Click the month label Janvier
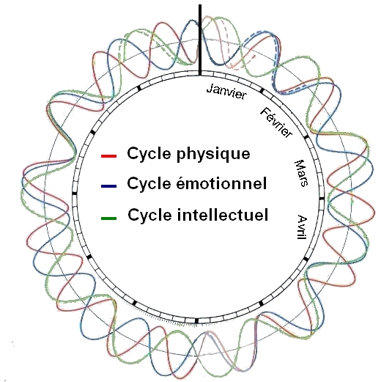[x=226, y=92]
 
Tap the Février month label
[x=276, y=122]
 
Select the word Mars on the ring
[x=301, y=173]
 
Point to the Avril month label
[x=303, y=227]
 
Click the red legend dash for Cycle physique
[x=108, y=156]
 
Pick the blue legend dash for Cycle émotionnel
[x=108, y=186]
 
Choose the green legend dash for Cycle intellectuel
[x=108, y=218]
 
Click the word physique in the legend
[x=213, y=154]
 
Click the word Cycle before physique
[x=149, y=154]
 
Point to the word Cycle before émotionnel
[x=149, y=184]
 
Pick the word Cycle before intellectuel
[x=149, y=216]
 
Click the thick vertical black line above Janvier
[x=200, y=40]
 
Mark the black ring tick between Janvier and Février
[x=262, y=91]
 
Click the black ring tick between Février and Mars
[x=306, y=136]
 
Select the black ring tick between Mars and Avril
[x=322, y=199]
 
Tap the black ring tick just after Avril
[x=306, y=259]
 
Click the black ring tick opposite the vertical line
[x=196, y=320]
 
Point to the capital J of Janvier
[x=210, y=88]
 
